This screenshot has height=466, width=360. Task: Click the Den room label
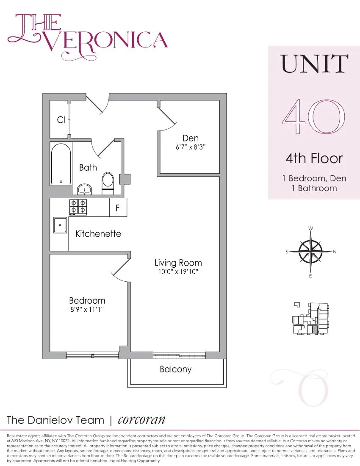point(190,138)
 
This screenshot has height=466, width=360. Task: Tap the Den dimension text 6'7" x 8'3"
point(190,147)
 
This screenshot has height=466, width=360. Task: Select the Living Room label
point(178,263)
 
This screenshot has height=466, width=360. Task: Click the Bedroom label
point(87,300)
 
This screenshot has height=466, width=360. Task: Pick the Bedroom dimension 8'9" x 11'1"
point(87,310)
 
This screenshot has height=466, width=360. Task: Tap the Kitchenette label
point(98,233)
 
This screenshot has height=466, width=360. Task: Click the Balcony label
point(175,369)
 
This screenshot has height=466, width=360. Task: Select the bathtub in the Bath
point(61,164)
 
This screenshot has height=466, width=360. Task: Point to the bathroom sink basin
point(85,188)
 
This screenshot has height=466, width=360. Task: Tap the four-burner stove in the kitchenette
point(78,207)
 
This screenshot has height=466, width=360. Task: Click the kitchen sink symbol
point(60,225)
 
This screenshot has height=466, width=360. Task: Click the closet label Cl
point(61,120)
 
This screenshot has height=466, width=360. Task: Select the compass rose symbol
point(310,252)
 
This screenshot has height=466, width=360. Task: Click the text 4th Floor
point(314,159)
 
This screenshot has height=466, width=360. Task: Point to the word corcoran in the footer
point(141,419)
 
